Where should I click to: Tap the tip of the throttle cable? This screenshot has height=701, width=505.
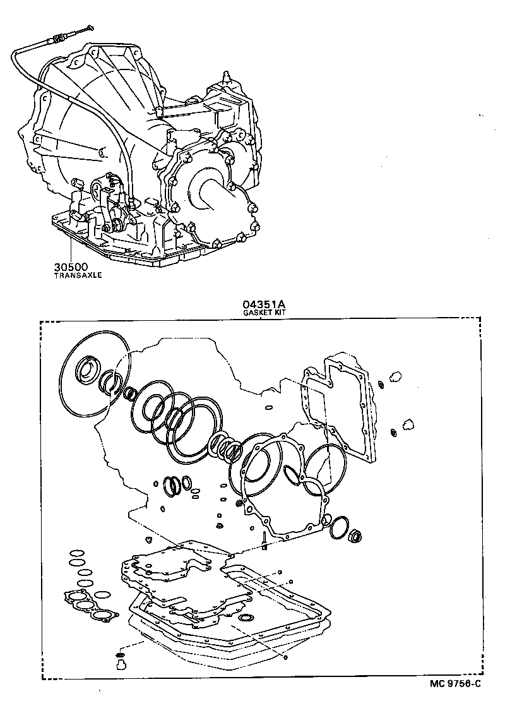[x=89, y=27]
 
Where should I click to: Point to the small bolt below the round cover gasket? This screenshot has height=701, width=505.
[x=264, y=542]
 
